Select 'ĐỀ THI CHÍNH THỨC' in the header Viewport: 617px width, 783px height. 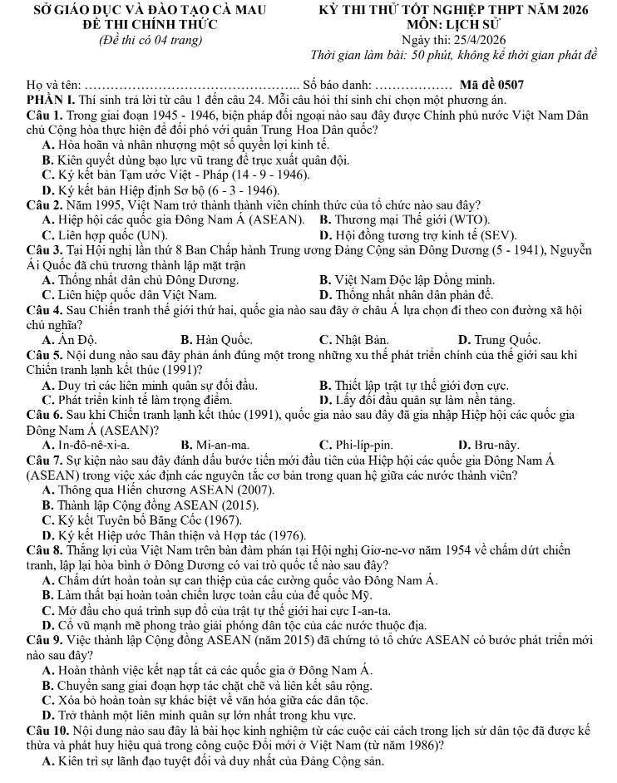(140, 25)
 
